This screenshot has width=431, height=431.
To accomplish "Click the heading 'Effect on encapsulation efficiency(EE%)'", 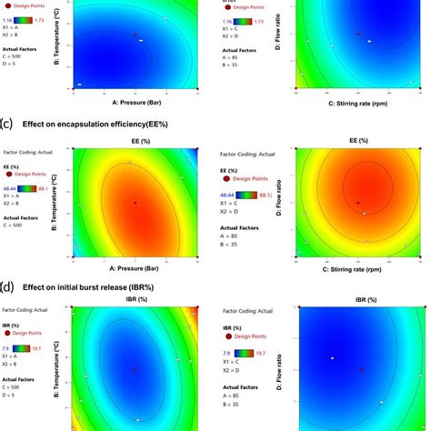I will (99, 118).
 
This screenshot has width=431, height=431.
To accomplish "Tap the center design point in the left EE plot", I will (135, 202).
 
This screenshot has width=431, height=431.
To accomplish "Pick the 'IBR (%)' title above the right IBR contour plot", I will (357, 298).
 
